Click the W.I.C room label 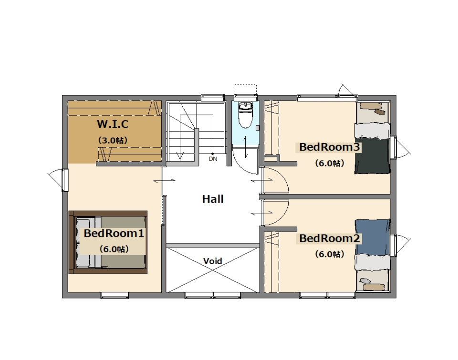(x=113, y=124)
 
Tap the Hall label (x=213, y=199)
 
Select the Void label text (x=213, y=261)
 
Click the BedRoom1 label (x=114, y=233)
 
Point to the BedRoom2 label (x=330, y=238)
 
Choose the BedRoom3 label (x=330, y=147)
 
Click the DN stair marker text (x=213, y=159)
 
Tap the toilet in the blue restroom (x=245, y=115)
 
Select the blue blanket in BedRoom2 (x=373, y=237)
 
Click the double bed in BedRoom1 (x=108, y=242)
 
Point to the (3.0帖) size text (x=113, y=140)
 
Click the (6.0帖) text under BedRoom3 (x=330, y=163)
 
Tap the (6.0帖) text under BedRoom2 (x=330, y=254)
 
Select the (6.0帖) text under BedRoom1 (x=114, y=249)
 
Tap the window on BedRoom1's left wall (x=65, y=180)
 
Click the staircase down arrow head (x=180, y=157)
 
